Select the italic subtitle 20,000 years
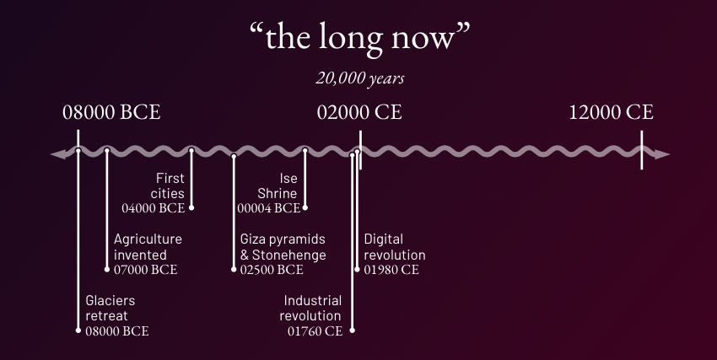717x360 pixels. click(360, 78)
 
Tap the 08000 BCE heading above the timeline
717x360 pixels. click(111, 112)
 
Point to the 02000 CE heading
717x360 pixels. click(359, 112)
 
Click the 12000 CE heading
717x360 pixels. click(612, 112)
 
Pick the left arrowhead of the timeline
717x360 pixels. click(58, 154)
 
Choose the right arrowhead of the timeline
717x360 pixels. click(661, 154)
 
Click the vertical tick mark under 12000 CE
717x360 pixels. click(642, 150)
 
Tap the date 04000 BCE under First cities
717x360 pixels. click(154, 208)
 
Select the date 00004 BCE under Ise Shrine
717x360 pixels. click(269, 208)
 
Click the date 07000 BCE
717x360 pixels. click(145, 270)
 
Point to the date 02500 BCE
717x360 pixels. click(272, 270)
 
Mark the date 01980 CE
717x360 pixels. click(391, 270)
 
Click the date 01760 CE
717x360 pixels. click(315, 331)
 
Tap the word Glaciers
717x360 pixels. click(111, 301)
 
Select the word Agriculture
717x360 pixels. click(148, 239)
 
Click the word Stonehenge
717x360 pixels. click(289, 255)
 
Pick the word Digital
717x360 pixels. click(384, 239)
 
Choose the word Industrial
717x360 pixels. click(313, 301)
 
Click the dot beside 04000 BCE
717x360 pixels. click(191, 208)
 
